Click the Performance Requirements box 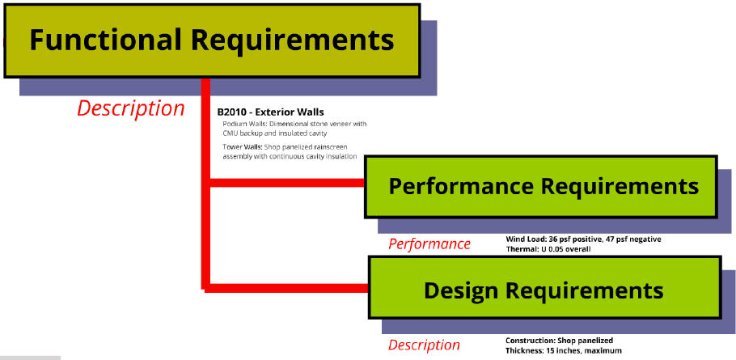[x=541, y=187]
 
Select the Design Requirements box [x=545, y=287]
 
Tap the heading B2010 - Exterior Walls [x=270, y=112]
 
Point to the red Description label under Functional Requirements [x=131, y=109]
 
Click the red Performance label [x=429, y=244]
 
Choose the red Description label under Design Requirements [x=424, y=345]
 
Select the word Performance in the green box [x=461, y=186]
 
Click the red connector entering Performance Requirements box [x=287, y=183]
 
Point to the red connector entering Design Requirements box [x=287, y=288]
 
